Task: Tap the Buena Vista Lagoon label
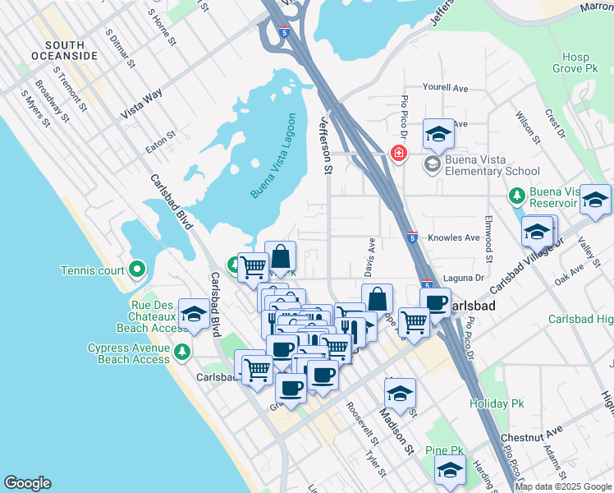pos(272,156)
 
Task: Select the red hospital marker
pos(399,154)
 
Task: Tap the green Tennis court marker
pos(136,269)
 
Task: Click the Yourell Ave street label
pos(444,87)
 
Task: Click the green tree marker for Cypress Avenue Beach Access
pos(181,352)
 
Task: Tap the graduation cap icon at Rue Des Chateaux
pos(194,315)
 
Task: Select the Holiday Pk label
pos(495,403)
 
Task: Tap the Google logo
pos(28,483)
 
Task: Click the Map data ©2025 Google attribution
pos(563,486)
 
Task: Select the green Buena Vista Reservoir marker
pos(516,196)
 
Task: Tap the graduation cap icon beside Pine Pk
pos(450,471)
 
